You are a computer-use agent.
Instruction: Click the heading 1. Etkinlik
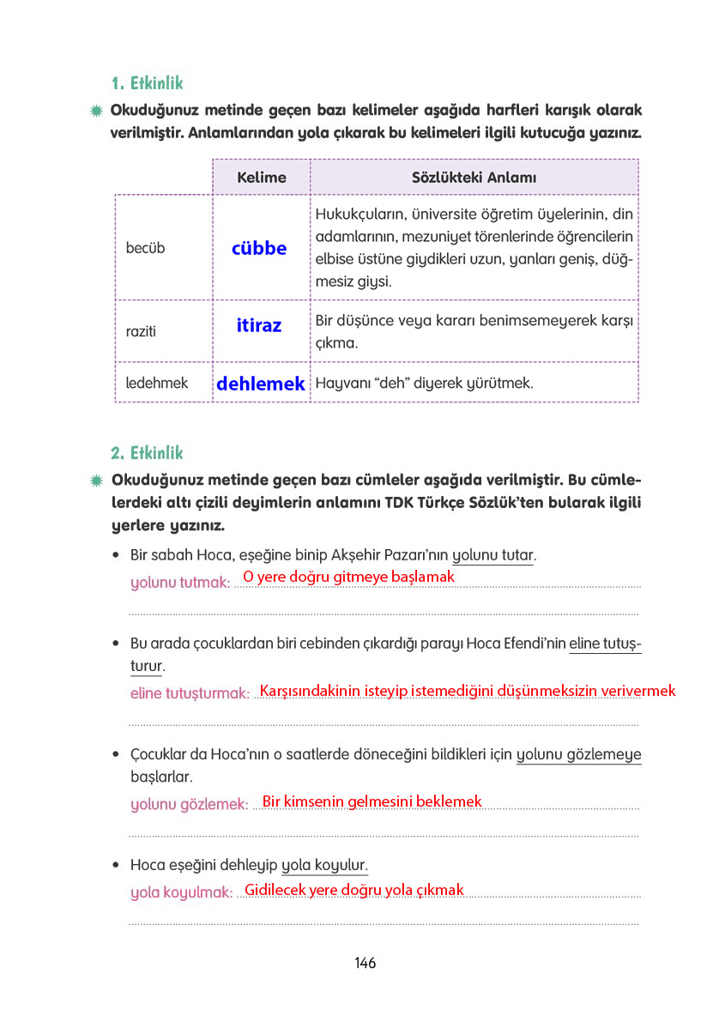pyautogui.click(x=147, y=83)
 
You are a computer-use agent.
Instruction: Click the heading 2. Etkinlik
pyautogui.click(x=147, y=452)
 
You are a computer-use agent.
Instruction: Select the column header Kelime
pyautogui.click(x=261, y=178)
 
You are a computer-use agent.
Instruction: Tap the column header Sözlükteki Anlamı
pyautogui.click(x=474, y=178)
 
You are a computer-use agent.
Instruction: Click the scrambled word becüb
pyautogui.click(x=145, y=248)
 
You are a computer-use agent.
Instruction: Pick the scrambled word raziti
pyautogui.click(x=141, y=331)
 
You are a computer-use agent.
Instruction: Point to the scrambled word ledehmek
pyautogui.click(x=156, y=383)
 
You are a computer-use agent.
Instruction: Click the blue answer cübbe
pyautogui.click(x=259, y=248)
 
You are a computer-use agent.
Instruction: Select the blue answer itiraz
pyautogui.click(x=259, y=325)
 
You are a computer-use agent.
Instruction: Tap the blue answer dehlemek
pyautogui.click(x=260, y=384)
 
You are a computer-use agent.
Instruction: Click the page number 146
pyautogui.click(x=365, y=963)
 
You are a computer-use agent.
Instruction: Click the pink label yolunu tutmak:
pyautogui.click(x=179, y=583)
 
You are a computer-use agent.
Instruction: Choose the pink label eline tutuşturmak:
pyautogui.click(x=189, y=693)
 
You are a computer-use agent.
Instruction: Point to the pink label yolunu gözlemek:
pyautogui.click(x=189, y=804)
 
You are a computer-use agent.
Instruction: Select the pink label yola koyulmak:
pyautogui.click(x=181, y=892)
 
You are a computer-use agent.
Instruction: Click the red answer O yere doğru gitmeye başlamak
pyautogui.click(x=348, y=577)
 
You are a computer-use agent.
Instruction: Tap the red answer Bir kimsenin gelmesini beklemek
pyautogui.click(x=372, y=801)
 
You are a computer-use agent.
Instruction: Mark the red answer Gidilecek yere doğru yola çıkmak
pyautogui.click(x=353, y=890)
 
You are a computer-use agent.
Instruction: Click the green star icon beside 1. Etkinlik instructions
pyautogui.click(x=97, y=111)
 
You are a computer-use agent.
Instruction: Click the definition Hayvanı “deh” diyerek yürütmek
pyautogui.click(x=425, y=383)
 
